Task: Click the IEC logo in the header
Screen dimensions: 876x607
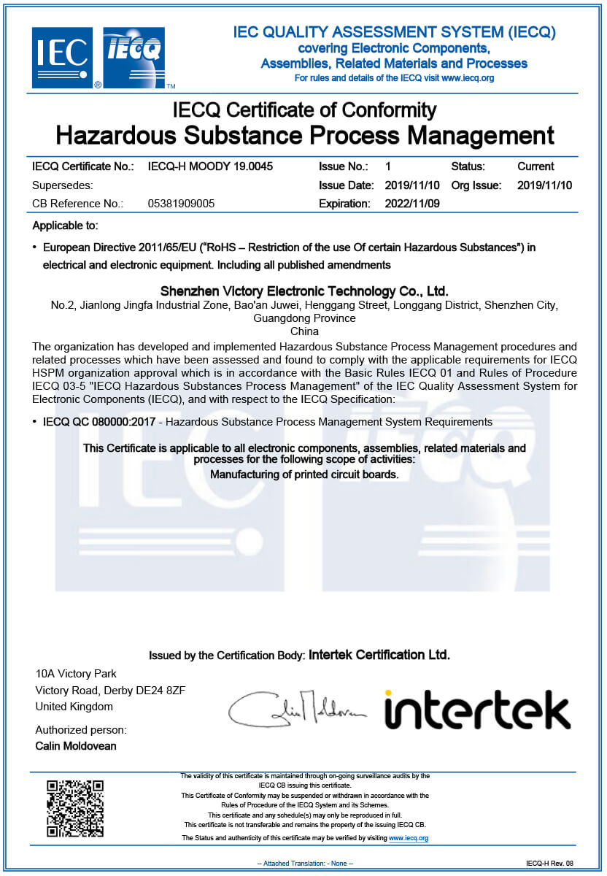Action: [x=62, y=57]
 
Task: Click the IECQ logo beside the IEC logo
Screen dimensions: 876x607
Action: [x=134, y=57]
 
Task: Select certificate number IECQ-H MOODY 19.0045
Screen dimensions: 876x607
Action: [x=210, y=166]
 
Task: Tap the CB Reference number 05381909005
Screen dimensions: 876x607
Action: [x=181, y=204]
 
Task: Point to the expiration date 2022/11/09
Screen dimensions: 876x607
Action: [x=412, y=204]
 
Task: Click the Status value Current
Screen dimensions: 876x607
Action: [x=536, y=166]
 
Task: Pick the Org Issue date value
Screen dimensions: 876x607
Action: [x=544, y=185]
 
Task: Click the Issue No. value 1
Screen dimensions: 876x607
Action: [x=388, y=166]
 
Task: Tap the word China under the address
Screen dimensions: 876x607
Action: [x=304, y=331]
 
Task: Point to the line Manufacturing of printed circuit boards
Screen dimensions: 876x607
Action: [x=304, y=474]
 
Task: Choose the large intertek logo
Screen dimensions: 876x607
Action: [x=477, y=710]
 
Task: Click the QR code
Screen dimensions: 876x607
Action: [x=75, y=808]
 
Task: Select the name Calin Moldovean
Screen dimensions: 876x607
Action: [x=76, y=746]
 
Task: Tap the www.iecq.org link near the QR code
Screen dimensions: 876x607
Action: [x=409, y=838]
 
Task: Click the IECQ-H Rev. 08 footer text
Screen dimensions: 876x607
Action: [x=549, y=864]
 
